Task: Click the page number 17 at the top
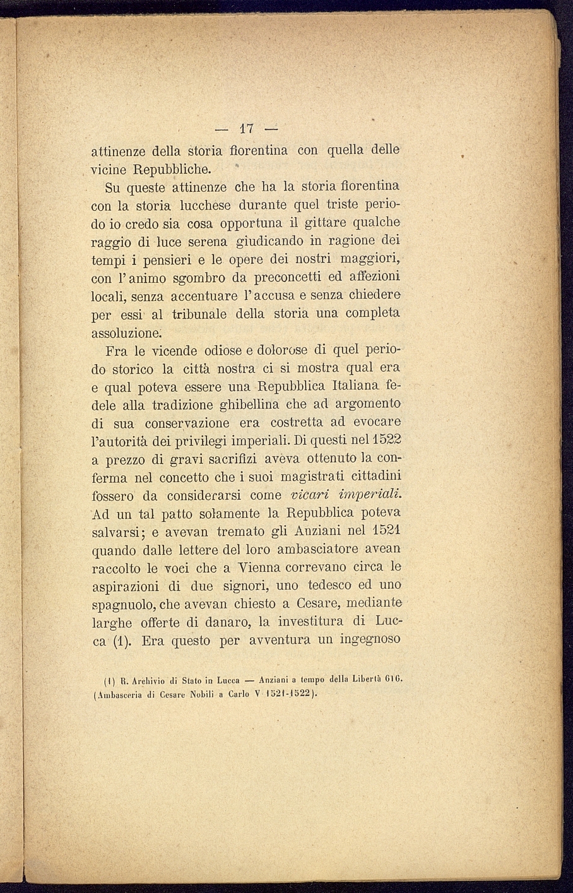(x=246, y=129)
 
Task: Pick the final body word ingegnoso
(x=370, y=641)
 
